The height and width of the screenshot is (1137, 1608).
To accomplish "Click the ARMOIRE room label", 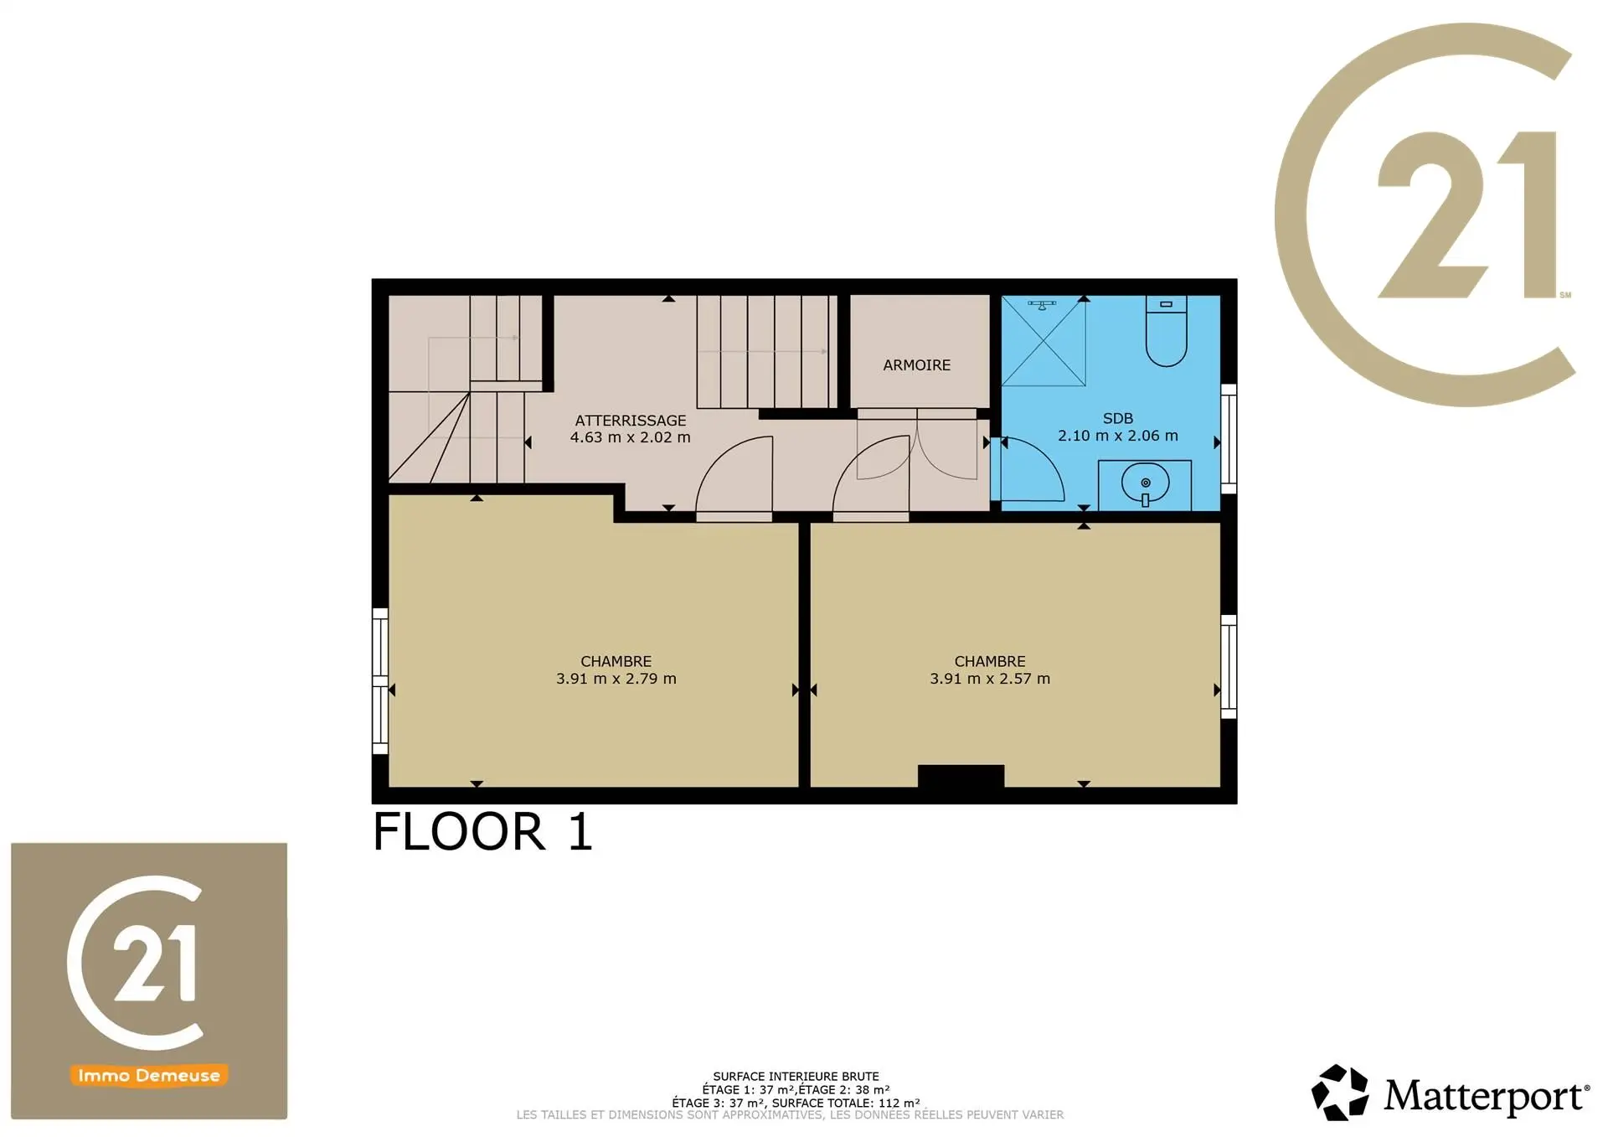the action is tap(916, 365).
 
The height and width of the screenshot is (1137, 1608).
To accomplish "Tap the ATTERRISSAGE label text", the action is tap(630, 421).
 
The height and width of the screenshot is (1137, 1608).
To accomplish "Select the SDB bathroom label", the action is tap(1118, 418).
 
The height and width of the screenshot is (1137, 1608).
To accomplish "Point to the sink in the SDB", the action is tap(1145, 484).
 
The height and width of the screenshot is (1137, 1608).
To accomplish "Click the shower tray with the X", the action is tap(1044, 341).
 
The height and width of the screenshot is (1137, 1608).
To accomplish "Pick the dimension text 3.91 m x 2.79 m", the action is tap(616, 679).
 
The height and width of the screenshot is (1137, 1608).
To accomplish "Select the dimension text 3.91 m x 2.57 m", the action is tap(990, 679).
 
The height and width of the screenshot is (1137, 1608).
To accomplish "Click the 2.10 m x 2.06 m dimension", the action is tap(1118, 436).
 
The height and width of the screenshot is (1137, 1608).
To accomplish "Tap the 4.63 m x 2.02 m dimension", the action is tap(631, 437).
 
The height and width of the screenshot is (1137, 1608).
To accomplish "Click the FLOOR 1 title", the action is tap(482, 832).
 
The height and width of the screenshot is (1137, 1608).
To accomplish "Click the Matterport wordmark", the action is tap(1487, 1096).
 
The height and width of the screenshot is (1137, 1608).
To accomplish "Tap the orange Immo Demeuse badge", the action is tap(149, 1075).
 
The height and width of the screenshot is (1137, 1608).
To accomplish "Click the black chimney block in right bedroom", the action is tap(961, 776).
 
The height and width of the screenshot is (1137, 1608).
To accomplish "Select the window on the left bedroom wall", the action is tap(380, 681).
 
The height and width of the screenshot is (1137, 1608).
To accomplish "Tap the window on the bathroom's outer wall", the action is tap(1229, 439).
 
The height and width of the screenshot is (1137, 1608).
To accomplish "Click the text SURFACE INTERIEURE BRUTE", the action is tap(796, 1077).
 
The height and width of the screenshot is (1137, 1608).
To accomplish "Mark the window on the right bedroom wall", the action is tap(1229, 667).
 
